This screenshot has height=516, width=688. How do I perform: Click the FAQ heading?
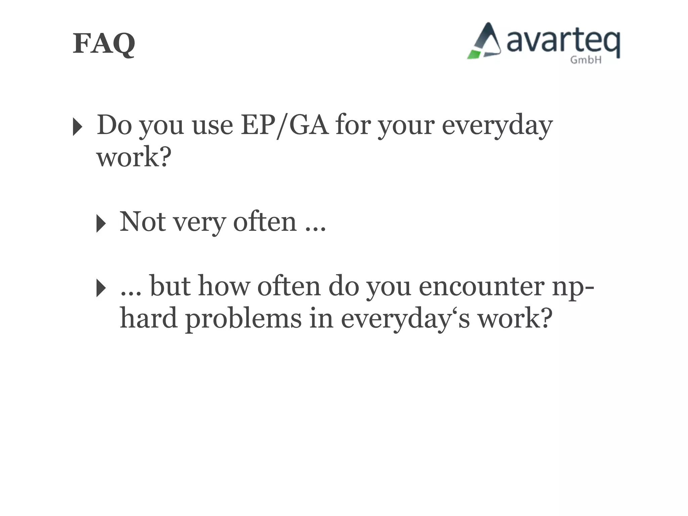click(x=104, y=44)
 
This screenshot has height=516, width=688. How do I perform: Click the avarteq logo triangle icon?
click(x=485, y=42)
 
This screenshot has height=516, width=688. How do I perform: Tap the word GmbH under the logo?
click(x=586, y=60)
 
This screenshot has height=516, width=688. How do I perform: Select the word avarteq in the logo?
click(x=563, y=42)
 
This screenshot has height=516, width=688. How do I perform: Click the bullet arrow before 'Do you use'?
click(x=77, y=127)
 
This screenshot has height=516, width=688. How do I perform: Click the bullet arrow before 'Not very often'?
click(x=101, y=223)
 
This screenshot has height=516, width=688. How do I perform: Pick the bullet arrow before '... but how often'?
click(x=101, y=288)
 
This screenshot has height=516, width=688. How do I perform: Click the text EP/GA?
click(x=285, y=125)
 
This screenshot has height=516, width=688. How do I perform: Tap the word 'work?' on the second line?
click(x=134, y=157)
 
